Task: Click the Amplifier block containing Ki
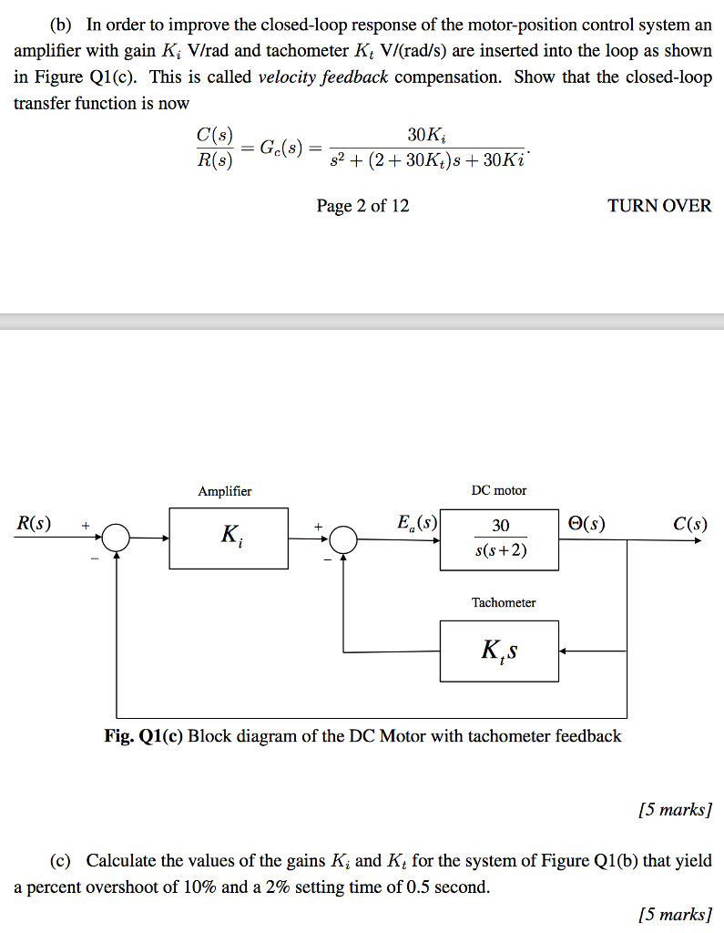pos(229,538)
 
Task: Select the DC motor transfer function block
pos(499,539)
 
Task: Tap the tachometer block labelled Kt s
pos(499,651)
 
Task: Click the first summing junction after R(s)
pos(117,539)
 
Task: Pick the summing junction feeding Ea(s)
pos(342,539)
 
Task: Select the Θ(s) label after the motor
pos(585,524)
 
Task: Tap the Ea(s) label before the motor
pos(417,524)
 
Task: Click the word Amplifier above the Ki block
pos(225,491)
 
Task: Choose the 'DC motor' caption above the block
pos(499,490)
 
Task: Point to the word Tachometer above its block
pos(504,602)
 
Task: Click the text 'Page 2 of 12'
pos(362,206)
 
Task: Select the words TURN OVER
pos(659,206)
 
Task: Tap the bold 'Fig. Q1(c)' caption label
pos(144,736)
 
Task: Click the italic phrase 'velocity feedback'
pos(323,77)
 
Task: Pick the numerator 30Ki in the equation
pos(426,135)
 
